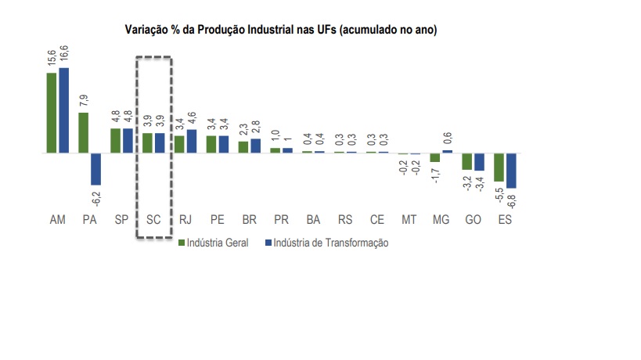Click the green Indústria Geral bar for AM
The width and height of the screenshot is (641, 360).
click(51, 113)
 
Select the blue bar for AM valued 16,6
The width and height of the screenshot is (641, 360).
click(63, 110)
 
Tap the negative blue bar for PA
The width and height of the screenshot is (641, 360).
click(95, 168)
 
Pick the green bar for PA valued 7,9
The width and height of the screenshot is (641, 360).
click(83, 132)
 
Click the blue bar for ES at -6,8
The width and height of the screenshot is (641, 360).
click(511, 171)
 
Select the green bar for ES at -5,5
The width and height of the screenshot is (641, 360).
click(499, 167)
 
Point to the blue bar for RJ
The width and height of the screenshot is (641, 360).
click(192, 141)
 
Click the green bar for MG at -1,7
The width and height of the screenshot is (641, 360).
click(434, 157)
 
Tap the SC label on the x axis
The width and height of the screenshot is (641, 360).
click(153, 220)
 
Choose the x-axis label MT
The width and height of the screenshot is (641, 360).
click(409, 220)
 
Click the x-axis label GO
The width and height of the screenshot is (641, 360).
click(473, 220)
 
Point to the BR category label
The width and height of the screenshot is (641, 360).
click(249, 220)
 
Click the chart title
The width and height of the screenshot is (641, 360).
click(281, 30)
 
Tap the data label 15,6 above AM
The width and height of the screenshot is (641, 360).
click(51, 57)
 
